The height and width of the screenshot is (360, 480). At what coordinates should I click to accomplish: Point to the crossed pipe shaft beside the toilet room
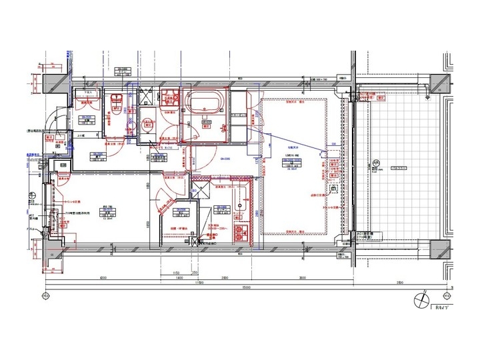[143, 96]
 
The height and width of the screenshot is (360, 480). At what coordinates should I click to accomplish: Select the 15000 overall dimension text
[246, 287]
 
